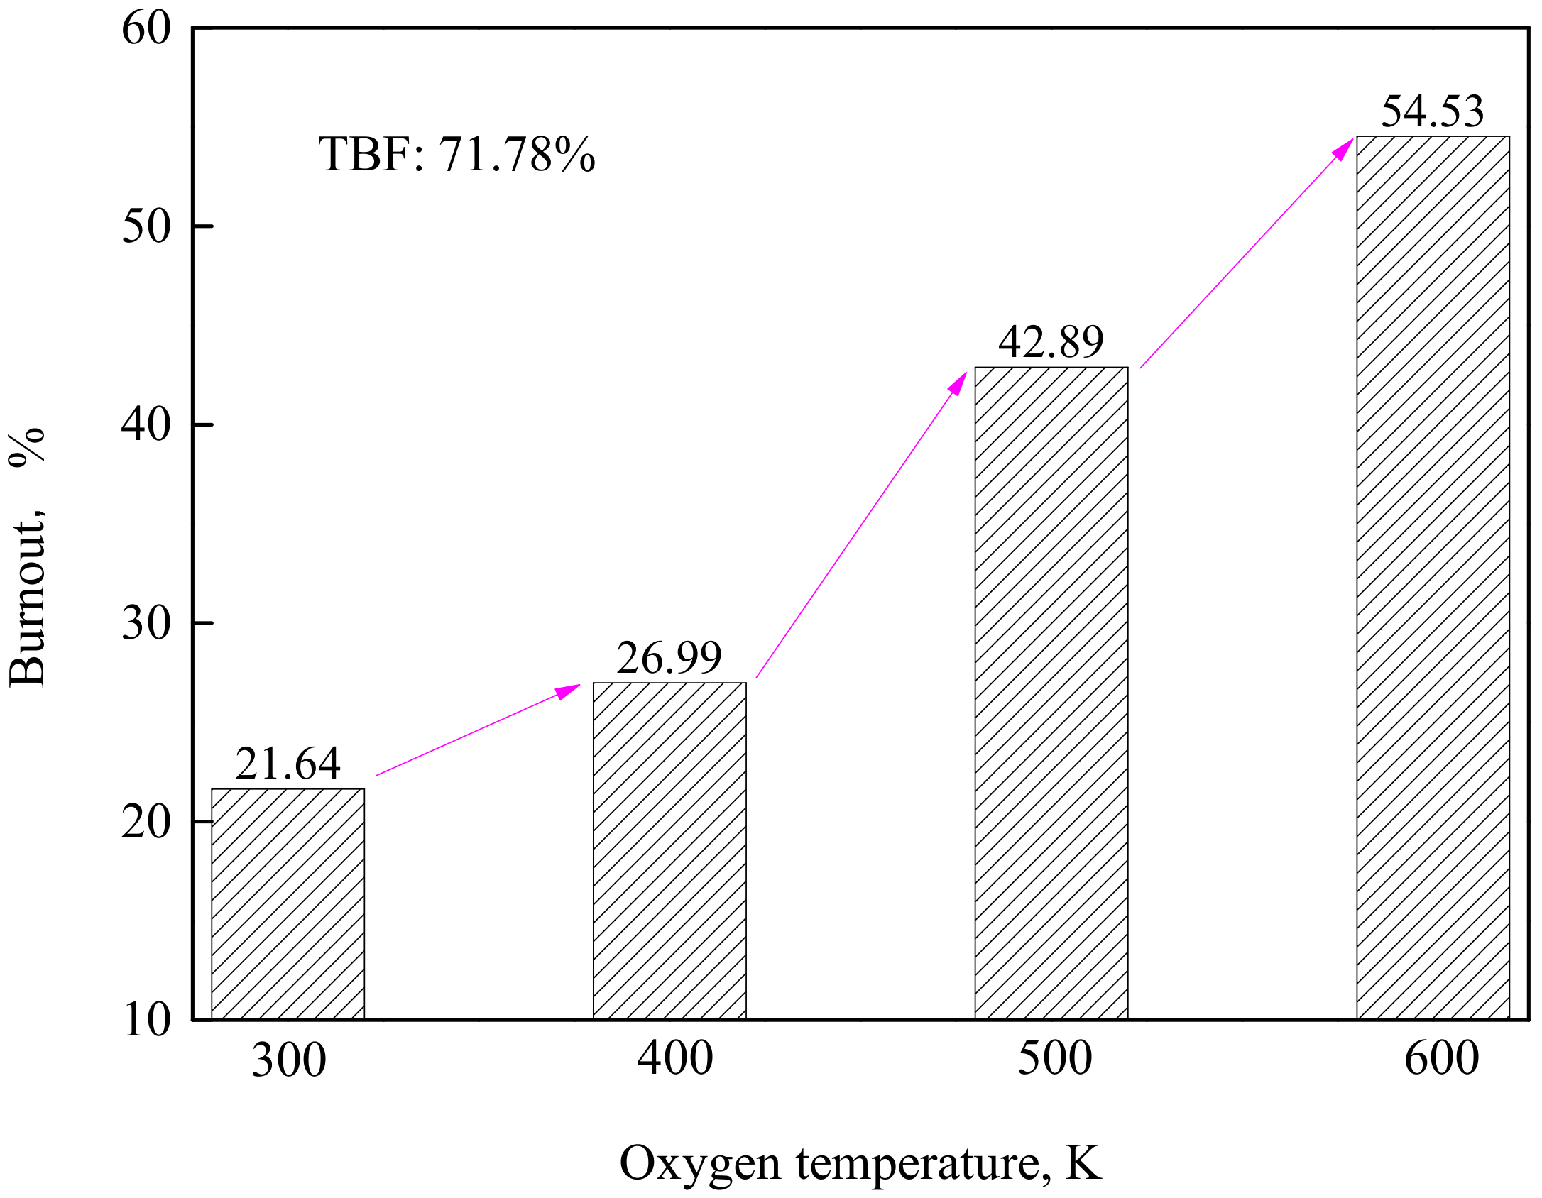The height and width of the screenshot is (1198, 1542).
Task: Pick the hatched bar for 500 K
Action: point(1051,693)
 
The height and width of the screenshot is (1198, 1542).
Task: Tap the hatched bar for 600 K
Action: point(1433,577)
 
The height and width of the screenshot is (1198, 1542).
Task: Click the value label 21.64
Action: point(288,764)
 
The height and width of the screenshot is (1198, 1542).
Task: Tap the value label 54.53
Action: point(1433,111)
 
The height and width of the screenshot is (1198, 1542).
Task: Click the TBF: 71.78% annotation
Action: point(456,154)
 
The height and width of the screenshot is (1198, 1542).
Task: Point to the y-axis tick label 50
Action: point(146,226)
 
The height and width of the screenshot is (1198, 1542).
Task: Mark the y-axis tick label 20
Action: point(146,822)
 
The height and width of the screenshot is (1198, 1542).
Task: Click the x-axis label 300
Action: point(289,1060)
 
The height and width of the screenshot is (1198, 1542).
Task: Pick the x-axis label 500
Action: point(1055,1057)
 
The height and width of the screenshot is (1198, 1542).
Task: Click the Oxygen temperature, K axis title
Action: point(860,1163)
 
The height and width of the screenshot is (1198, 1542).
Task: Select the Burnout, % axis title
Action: point(27,558)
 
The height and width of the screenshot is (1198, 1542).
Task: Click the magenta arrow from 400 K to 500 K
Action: point(861,525)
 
